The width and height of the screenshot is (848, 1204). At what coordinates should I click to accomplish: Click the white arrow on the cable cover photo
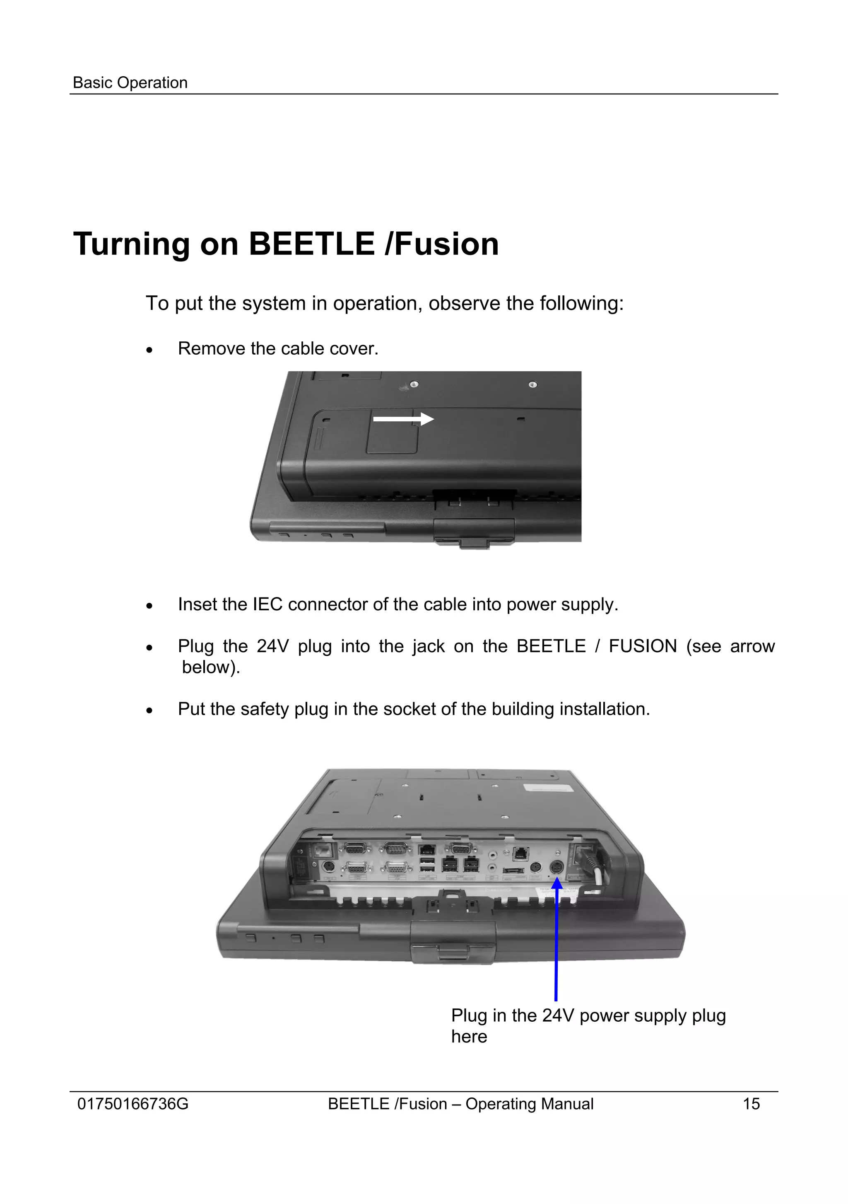tap(402, 419)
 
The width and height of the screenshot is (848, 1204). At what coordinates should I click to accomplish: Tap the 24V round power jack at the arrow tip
tap(556, 868)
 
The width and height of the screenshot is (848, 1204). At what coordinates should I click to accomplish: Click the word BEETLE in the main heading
tap(312, 244)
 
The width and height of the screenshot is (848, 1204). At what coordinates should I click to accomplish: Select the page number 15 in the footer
tap(751, 1104)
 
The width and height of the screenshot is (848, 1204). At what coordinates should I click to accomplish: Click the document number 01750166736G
tap(132, 1104)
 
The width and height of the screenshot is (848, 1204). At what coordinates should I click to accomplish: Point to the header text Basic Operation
tap(130, 83)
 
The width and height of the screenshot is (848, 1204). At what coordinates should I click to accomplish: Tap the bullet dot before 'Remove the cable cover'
tap(150, 350)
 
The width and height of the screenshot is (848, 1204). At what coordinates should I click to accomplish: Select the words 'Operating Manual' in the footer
tap(529, 1104)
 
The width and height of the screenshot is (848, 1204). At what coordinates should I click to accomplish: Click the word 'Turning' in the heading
tap(132, 244)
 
